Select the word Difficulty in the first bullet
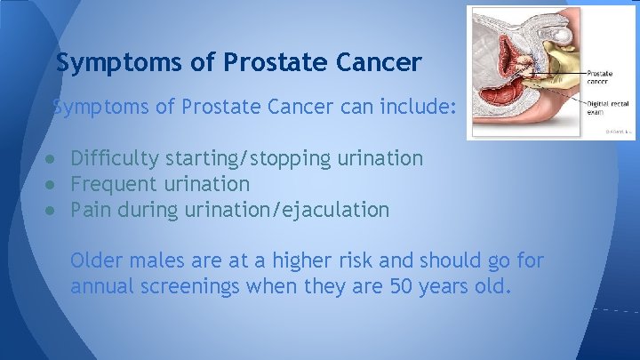pyautogui.click(x=115, y=159)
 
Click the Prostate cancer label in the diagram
pyautogui.click(x=599, y=76)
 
